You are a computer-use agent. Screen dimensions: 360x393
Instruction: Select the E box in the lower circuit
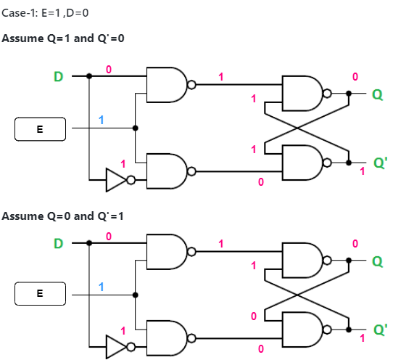pos(40,295)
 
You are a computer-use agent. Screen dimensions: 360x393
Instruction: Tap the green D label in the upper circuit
pos(58,75)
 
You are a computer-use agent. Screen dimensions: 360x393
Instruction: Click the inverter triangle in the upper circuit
pos(116,180)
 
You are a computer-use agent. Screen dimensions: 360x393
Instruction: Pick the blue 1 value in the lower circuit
pos(102,287)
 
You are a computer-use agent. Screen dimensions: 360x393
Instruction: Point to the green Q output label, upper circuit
pos(377,94)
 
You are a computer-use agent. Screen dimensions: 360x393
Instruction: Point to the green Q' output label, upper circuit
pos(379,163)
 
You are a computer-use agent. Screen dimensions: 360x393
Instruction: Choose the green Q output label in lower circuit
pos(377,261)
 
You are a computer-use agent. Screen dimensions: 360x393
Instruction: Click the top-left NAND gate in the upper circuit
pos(167,85)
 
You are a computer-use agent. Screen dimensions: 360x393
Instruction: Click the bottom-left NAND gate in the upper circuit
pos(167,171)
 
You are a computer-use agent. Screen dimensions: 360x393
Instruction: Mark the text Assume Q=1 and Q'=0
pos(62,38)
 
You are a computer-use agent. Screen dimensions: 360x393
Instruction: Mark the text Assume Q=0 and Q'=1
pos(62,216)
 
